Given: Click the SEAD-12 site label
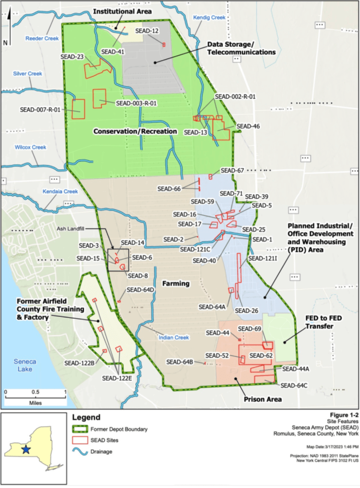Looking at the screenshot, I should (147, 30).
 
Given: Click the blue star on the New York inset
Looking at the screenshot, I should (26, 449).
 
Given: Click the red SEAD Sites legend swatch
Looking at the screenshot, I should (80, 440).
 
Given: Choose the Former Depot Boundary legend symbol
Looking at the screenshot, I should (80, 429).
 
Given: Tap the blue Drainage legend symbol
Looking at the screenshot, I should (80, 452).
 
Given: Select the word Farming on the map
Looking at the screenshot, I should (176, 283).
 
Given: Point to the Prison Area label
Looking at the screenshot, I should (262, 399).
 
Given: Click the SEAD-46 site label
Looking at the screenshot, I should (248, 126).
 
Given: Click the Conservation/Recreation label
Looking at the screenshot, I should (135, 131).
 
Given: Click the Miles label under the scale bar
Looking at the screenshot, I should (35, 403).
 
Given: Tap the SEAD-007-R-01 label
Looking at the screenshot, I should (40, 109).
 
